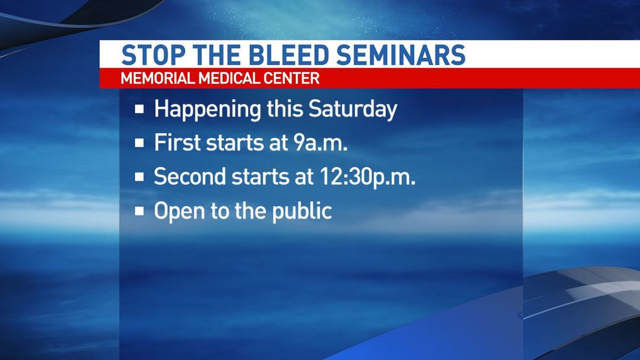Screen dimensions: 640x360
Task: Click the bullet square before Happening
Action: point(140,109)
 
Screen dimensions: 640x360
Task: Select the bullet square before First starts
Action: point(140,143)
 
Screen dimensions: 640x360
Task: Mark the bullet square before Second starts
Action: point(140,177)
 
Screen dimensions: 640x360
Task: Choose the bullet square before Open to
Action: point(140,211)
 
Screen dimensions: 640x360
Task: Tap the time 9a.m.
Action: point(321,143)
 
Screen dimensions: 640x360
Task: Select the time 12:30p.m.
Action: point(367,178)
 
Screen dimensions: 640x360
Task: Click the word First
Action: point(178,143)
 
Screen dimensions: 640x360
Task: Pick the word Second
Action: point(190,177)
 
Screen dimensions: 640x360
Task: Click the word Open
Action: point(180,212)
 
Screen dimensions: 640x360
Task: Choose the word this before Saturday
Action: point(284,109)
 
